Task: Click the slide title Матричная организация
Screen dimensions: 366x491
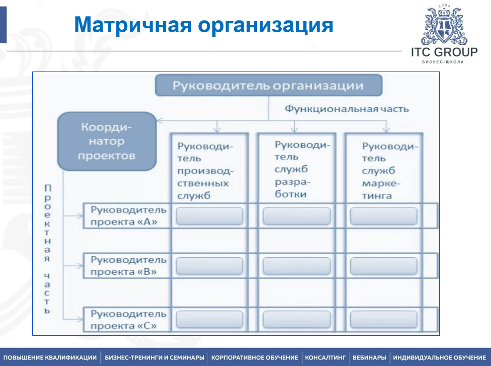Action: [203, 25]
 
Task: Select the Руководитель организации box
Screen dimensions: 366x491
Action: [268, 85]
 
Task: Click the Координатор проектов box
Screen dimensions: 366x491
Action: [106, 141]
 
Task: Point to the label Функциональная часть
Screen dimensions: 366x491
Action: [346, 109]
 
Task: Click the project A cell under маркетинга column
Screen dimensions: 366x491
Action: [384, 216]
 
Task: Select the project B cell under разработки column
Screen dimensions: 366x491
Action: [296, 266]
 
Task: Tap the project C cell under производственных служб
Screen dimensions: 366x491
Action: [209, 319]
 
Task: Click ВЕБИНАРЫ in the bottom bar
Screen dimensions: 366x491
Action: [369, 358]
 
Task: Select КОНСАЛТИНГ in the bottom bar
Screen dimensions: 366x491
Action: [325, 358]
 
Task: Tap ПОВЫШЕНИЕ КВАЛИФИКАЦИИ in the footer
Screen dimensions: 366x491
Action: [50, 358]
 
